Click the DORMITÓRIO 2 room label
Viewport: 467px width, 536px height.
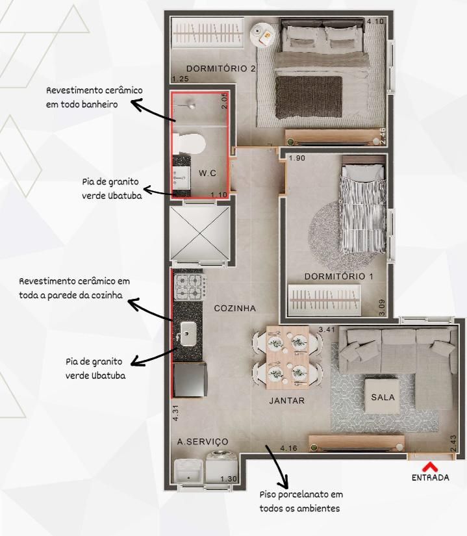(221, 68)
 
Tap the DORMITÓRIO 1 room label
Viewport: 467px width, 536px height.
(339, 276)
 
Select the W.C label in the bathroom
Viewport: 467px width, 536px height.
(207, 173)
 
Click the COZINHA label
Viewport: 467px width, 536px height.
(235, 309)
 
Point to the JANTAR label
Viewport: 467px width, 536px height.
(287, 400)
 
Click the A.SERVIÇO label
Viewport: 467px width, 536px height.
(203, 442)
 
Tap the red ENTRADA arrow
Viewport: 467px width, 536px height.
(430, 466)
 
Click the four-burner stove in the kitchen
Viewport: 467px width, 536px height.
(190, 287)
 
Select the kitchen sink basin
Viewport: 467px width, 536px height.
(188, 333)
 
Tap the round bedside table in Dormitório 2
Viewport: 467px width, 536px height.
(263, 34)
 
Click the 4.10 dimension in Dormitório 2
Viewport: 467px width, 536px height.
(375, 21)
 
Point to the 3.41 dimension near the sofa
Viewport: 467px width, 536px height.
(327, 329)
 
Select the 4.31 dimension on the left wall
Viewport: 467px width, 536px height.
(175, 413)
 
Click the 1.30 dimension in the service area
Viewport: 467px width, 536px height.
(229, 479)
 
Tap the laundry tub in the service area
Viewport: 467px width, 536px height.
(189, 472)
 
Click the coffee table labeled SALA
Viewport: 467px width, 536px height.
(383, 396)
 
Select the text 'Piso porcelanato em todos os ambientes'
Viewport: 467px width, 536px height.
(301, 501)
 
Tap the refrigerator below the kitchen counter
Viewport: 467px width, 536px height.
(190, 380)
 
